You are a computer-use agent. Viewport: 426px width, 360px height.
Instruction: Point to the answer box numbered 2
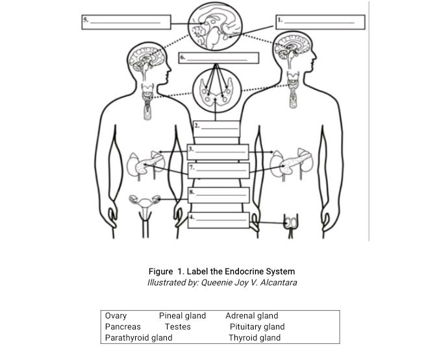(217, 125)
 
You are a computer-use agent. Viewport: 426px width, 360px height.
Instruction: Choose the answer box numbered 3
(218, 151)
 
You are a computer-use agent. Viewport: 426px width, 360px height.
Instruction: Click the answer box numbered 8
(218, 194)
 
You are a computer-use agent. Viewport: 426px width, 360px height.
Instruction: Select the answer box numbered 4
(218, 219)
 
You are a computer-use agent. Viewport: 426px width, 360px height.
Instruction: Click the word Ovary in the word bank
(116, 316)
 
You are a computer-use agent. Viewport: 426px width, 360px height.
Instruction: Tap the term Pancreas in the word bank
(123, 327)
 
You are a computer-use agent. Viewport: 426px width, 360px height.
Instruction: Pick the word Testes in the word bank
(177, 327)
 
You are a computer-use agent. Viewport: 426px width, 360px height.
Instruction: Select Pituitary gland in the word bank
(257, 327)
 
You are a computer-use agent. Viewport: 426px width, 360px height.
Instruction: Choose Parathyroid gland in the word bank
(138, 337)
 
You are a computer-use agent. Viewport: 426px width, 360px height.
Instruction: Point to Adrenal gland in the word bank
(251, 316)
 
